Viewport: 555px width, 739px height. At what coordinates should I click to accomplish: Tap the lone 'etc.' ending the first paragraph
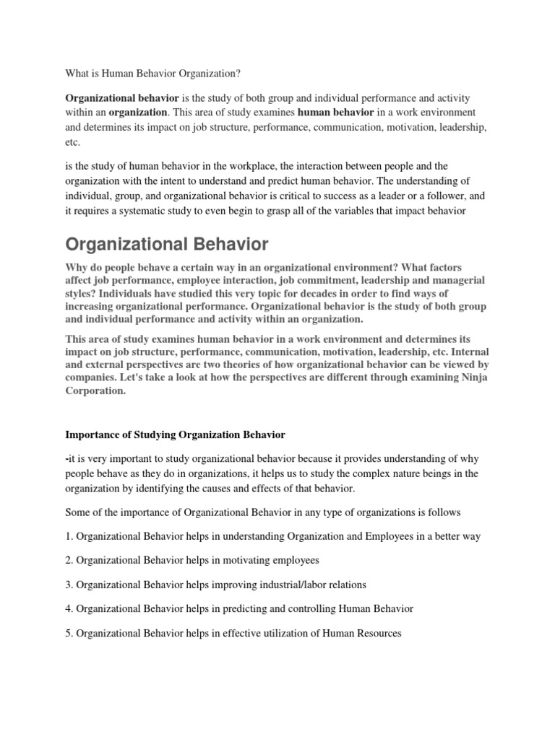pos(73,143)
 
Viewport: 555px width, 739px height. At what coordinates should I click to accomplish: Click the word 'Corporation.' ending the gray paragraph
pos(95,391)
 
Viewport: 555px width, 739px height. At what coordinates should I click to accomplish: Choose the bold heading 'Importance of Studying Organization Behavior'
pos(176,435)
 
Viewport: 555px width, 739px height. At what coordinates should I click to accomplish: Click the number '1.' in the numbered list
pos(69,537)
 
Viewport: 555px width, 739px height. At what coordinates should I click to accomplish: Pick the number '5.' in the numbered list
pos(69,633)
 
